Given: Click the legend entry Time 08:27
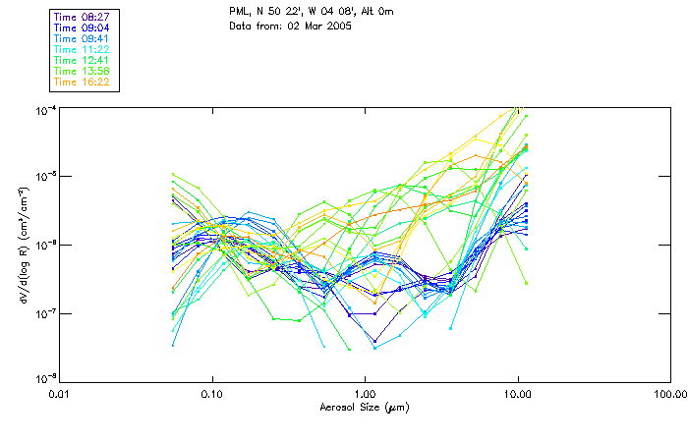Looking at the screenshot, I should (83, 18).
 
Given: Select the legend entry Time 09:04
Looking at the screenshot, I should (83, 28).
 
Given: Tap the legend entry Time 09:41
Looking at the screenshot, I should (83, 39).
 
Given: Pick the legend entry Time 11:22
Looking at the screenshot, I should (83, 50).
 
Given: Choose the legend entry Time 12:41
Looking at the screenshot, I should (83, 61).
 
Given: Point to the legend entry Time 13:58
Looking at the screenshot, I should (83, 72).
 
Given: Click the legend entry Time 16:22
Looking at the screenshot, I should (83, 83).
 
